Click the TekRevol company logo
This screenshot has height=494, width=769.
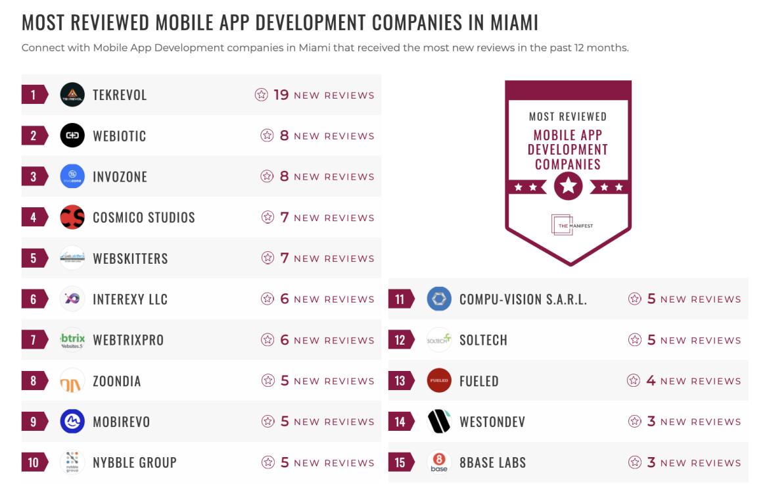click(72, 95)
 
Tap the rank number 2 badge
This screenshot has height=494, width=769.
click(34, 136)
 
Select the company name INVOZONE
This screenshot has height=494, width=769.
click(120, 177)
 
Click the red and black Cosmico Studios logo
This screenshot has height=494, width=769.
click(72, 217)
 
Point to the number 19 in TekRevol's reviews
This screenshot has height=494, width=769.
click(281, 95)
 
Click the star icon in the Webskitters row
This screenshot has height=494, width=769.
click(268, 259)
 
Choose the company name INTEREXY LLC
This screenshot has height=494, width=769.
click(130, 299)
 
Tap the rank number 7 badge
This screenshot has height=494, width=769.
click(34, 340)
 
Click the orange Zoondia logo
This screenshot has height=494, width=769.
click(72, 382)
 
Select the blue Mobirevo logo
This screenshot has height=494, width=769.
click(72, 422)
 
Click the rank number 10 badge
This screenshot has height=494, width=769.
click(34, 462)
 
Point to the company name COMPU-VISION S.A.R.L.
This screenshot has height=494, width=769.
click(523, 299)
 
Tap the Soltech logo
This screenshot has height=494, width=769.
click(439, 340)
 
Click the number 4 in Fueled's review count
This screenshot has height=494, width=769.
click(651, 381)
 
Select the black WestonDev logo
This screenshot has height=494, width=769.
click(439, 422)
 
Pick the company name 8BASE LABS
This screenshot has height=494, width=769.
click(493, 462)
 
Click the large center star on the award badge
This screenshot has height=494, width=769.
click(568, 187)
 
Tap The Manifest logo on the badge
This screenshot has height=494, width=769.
click(568, 224)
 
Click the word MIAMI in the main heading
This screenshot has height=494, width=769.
click(514, 23)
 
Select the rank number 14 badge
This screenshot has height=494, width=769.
click(400, 422)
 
